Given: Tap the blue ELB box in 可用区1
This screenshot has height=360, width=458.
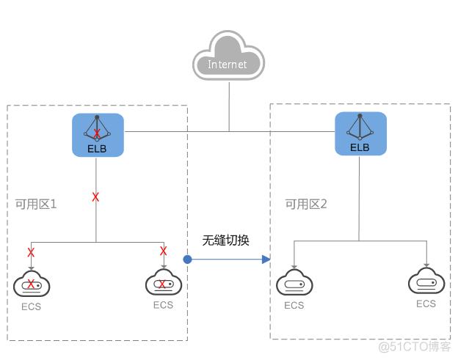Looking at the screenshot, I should [x=98, y=135].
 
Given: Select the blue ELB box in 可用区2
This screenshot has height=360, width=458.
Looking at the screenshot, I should [x=360, y=134].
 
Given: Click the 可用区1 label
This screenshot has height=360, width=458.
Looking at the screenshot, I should [x=36, y=204].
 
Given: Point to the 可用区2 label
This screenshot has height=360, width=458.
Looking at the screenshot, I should [x=306, y=204].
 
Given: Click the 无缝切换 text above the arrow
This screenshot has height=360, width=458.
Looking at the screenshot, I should [x=226, y=240].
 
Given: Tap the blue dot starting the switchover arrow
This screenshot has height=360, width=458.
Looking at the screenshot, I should [x=188, y=259].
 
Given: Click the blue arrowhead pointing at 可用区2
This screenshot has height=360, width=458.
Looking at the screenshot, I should [x=266, y=259].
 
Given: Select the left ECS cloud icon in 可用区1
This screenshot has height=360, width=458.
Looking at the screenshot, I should [x=31, y=284].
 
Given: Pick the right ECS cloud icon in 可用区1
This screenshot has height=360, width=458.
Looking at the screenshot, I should [x=164, y=283].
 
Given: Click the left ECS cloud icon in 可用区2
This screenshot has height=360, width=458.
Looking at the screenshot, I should [x=294, y=284].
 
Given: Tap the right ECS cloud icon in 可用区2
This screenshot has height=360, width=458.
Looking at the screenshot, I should [x=426, y=282].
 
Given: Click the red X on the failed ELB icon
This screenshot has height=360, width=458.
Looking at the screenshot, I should [x=97, y=133].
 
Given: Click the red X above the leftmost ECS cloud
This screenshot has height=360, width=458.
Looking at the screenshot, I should [x=31, y=251].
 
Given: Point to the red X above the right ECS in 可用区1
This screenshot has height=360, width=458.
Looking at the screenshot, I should [x=164, y=251].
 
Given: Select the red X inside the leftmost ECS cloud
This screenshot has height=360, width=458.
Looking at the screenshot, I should [x=32, y=284].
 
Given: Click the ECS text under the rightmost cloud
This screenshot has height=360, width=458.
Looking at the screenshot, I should [x=426, y=304].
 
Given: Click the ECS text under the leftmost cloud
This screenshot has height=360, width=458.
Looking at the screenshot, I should [x=31, y=306].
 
